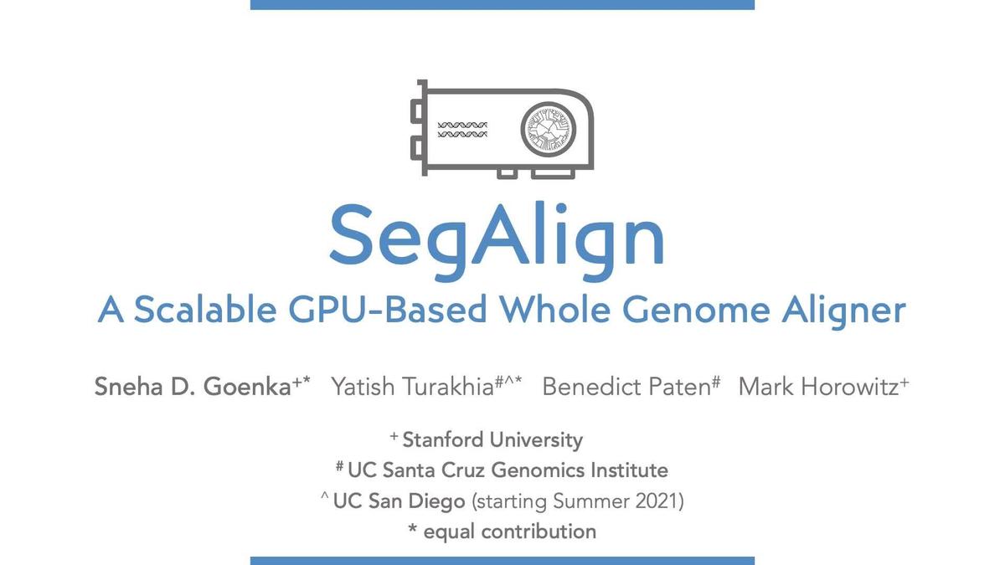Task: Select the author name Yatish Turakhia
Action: click(x=411, y=388)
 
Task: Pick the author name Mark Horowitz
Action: click(x=818, y=388)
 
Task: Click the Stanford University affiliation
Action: click(x=492, y=439)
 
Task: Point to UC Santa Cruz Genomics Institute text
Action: click(x=508, y=470)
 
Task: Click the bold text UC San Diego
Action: click(x=399, y=501)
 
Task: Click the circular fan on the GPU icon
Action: click(x=549, y=130)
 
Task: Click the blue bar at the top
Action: click(x=502, y=5)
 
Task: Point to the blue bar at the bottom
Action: click(x=502, y=560)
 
